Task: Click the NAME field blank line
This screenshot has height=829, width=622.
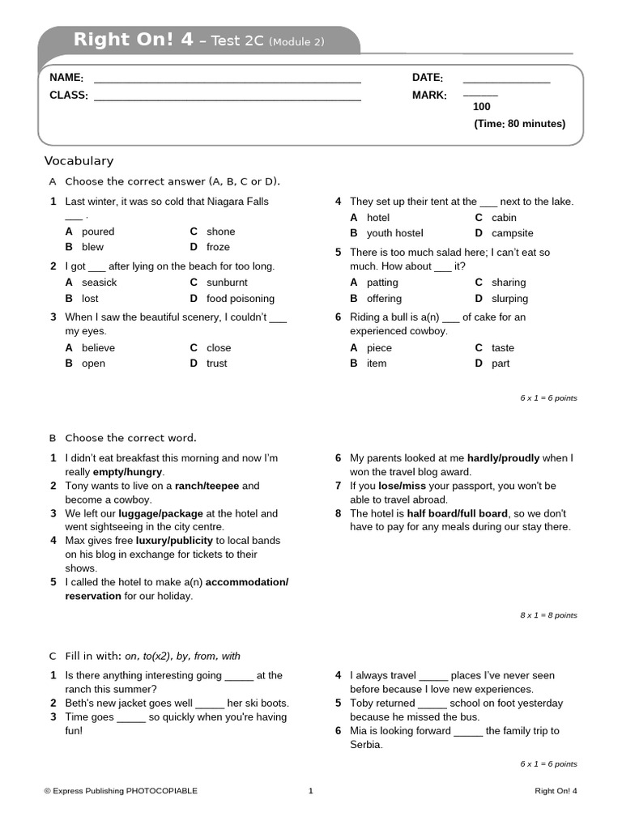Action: tap(227, 82)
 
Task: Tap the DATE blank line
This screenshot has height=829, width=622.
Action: tap(506, 82)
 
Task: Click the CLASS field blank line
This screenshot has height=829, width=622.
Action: tap(227, 100)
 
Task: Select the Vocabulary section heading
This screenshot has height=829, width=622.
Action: tap(79, 161)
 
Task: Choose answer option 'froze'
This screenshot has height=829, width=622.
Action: tap(218, 247)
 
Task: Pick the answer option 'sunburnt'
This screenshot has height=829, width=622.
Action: tap(227, 283)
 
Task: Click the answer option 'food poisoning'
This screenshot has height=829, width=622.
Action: tap(241, 299)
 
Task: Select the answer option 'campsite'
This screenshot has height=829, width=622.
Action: tap(513, 233)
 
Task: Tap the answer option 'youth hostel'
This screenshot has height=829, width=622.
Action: tap(394, 233)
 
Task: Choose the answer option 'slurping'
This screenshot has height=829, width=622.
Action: tap(509, 299)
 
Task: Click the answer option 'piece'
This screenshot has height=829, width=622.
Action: tap(379, 348)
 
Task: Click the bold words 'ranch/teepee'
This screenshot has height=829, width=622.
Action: tap(207, 486)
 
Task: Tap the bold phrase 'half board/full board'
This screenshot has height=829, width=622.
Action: tap(457, 513)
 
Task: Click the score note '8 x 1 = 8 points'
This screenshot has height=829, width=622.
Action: tap(548, 615)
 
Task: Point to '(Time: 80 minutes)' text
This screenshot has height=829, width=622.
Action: tap(519, 124)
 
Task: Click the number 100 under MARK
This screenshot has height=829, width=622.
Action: tap(481, 107)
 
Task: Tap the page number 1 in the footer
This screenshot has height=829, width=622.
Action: tap(310, 791)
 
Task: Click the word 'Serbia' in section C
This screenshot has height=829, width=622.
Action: tap(364, 745)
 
